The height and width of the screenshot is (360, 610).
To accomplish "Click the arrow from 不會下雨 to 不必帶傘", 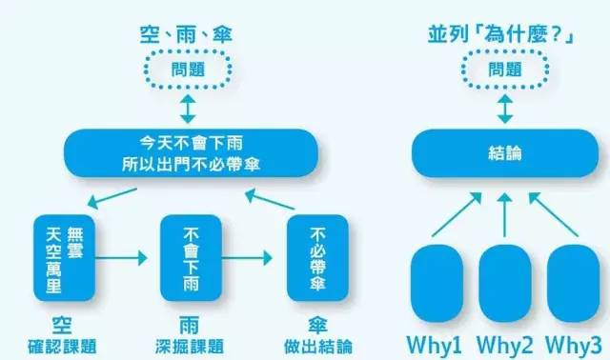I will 250,257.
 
